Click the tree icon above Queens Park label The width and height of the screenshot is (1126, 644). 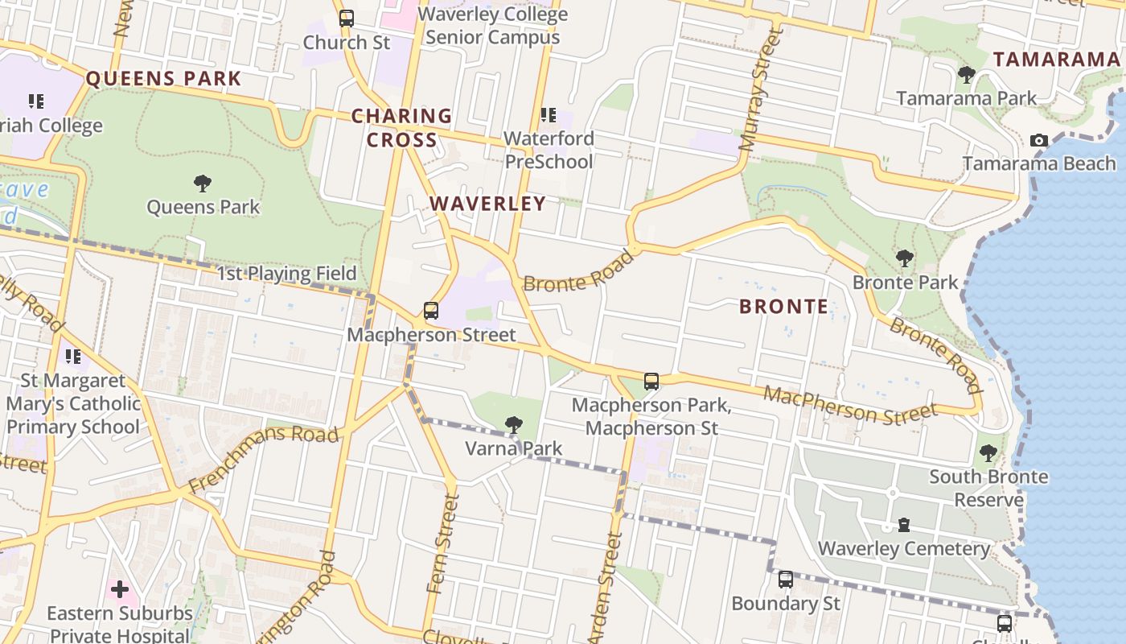(x=203, y=184)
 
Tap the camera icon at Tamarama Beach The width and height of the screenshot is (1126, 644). (x=1039, y=141)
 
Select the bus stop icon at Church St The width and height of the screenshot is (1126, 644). (x=347, y=18)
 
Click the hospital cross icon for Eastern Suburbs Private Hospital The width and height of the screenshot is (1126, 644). (x=120, y=590)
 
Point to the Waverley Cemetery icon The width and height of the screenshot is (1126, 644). (x=904, y=526)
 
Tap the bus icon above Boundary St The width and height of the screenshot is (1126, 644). (x=786, y=579)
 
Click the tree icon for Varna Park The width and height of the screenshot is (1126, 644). (x=513, y=425)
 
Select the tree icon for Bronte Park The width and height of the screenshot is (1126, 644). (x=905, y=258)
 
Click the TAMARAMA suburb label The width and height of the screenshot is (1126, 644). (x=1056, y=60)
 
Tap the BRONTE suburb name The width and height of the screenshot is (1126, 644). (x=783, y=307)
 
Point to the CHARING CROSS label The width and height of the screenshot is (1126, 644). (x=401, y=128)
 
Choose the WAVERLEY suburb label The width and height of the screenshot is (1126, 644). (x=487, y=204)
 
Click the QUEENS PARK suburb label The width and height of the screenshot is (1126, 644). (x=163, y=79)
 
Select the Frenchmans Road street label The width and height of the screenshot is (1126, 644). (x=263, y=459)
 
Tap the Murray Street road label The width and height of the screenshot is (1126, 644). (x=761, y=90)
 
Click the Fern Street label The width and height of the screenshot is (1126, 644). (x=444, y=544)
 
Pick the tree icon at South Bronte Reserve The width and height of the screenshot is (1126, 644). (x=988, y=453)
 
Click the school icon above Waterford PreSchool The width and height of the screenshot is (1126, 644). (x=549, y=115)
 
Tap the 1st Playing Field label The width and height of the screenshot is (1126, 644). (x=286, y=274)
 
